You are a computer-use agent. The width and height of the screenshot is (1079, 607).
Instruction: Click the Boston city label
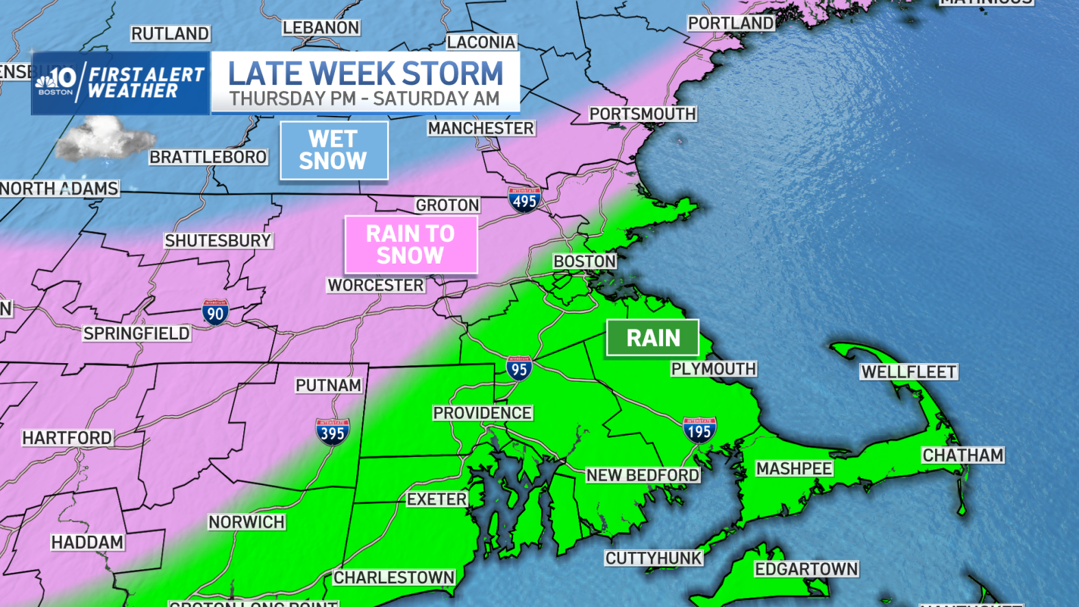click(x=584, y=261)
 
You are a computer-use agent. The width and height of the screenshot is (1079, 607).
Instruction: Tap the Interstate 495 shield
click(x=525, y=199)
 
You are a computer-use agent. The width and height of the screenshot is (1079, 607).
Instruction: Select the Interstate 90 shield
click(x=215, y=312)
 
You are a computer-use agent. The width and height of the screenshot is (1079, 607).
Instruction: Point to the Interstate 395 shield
click(x=333, y=432)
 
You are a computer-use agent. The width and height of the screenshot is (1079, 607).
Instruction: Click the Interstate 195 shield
click(x=699, y=430)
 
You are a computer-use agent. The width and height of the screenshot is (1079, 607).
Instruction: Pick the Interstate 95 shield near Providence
click(x=519, y=368)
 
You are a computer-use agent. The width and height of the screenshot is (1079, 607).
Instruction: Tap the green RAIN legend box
click(x=653, y=338)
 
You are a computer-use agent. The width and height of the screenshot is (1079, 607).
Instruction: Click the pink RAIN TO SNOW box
click(x=410, y=245)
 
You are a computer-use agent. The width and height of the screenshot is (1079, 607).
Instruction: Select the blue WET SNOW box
click(x=334, y=150)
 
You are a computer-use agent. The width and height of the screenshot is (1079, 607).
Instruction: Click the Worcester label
click(x=375, y=285)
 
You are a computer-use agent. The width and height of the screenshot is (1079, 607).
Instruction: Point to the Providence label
click(x=482, y=412)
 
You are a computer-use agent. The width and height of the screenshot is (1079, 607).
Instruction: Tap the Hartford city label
click(x=67, y=438)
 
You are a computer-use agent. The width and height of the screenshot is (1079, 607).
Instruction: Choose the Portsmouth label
click(x=643, y=114)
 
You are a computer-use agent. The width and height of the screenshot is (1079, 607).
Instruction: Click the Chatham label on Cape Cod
click(x=963, y=455)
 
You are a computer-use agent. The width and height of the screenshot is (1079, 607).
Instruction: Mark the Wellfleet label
click(x=908, y=371)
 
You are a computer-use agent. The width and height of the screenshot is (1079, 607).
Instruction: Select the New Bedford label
click(x=643, y=475)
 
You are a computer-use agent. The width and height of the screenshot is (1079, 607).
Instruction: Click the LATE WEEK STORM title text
click(x=365, y=73)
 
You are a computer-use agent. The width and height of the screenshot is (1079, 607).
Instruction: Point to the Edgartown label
click(x=806, y=569)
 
